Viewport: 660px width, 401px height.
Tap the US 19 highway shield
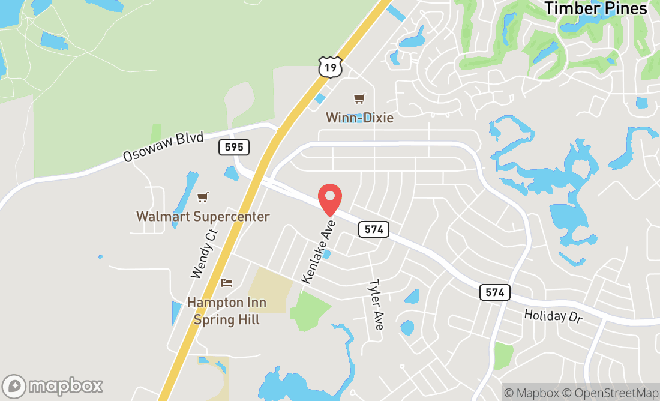click(x=330, y=67)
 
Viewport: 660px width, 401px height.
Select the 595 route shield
click(x=234, y=146)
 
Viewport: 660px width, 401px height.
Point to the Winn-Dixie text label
click(x=359, y=118)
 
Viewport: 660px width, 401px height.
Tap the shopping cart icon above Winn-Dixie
click(x=359, y=98)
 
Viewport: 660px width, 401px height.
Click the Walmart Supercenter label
click(x=203, y=216)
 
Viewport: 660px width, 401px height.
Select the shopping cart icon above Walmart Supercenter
click(x=203, y=197)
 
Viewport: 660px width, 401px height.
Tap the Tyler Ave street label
click(x=376, y=304)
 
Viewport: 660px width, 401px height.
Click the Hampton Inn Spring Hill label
click(x=226, y=310)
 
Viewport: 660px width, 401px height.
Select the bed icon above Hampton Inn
click(x=226, y=282)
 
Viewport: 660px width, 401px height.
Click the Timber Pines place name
click(x=595, y=8)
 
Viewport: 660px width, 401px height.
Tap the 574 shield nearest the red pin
click(x=374, y=229)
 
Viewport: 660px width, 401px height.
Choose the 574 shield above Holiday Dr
click(x=494, y=292)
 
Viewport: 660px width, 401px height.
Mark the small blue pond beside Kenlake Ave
click(x=326, y=255)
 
